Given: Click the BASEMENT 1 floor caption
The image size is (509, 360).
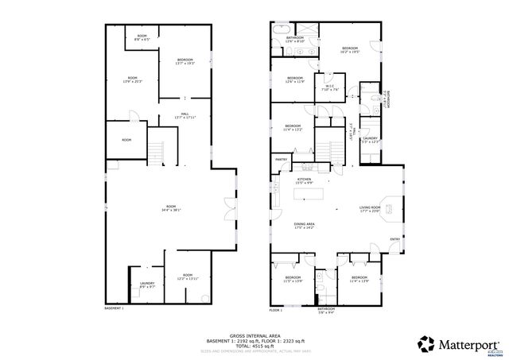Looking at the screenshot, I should (x=115, y=308).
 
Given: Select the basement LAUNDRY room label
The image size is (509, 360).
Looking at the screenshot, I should (x=146, y=285).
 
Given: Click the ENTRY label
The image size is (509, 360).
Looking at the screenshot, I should (x=394, y=239).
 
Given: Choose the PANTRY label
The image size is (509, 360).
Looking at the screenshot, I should (x=281, y=160).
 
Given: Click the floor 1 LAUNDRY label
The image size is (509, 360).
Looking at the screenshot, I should (x=370, y=140).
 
